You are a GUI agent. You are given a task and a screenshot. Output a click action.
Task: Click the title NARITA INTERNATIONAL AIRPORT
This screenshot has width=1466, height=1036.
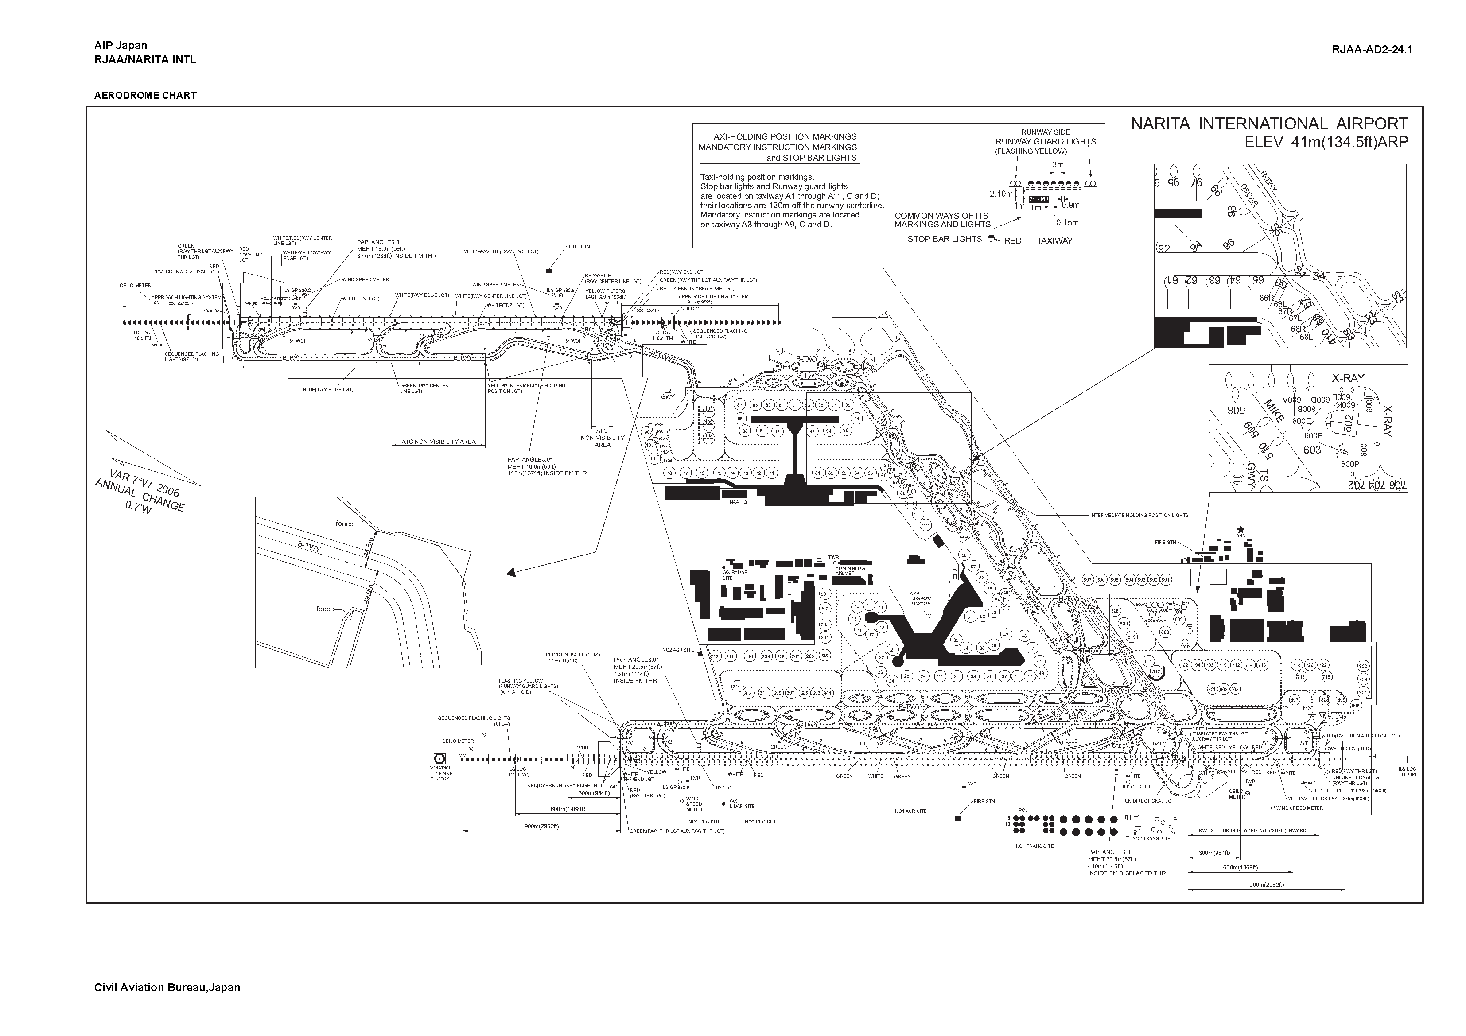(1269, 124)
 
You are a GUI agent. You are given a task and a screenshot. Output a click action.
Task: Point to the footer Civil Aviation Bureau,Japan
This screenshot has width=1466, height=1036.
(167, 987)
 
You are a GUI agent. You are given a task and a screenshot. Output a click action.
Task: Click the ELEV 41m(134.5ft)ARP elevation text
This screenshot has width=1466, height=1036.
(1326, 142)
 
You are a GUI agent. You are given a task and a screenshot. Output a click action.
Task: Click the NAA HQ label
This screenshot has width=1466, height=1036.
(738, 502)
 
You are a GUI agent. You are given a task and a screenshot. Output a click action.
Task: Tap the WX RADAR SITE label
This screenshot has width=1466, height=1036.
(734, 574)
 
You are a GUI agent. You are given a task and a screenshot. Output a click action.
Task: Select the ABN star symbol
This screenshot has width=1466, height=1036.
(1240, 529)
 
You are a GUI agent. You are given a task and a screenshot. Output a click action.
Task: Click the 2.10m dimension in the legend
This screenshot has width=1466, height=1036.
(1001, 194)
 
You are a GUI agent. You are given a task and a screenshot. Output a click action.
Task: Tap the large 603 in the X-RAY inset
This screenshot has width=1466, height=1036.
(1312, 450)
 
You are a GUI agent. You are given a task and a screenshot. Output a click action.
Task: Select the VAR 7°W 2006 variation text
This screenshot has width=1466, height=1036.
(144, 483)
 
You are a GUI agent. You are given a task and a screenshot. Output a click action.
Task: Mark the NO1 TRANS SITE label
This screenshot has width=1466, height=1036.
(1034, 846)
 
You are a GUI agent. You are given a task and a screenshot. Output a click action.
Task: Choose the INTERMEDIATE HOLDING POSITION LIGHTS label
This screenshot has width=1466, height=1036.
(1139, 515)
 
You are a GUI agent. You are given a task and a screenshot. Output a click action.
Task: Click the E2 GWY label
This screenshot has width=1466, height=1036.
(668, 394)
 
